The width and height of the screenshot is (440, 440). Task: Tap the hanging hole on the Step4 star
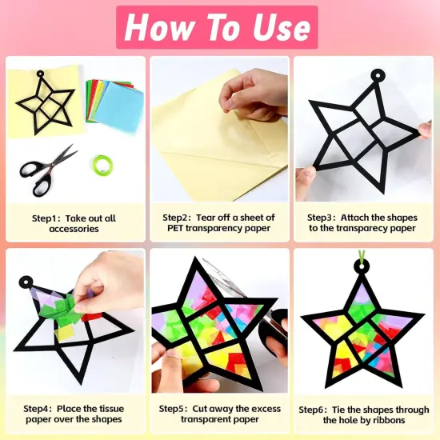click(27, 282)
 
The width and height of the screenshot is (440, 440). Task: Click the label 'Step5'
click(174, 409)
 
